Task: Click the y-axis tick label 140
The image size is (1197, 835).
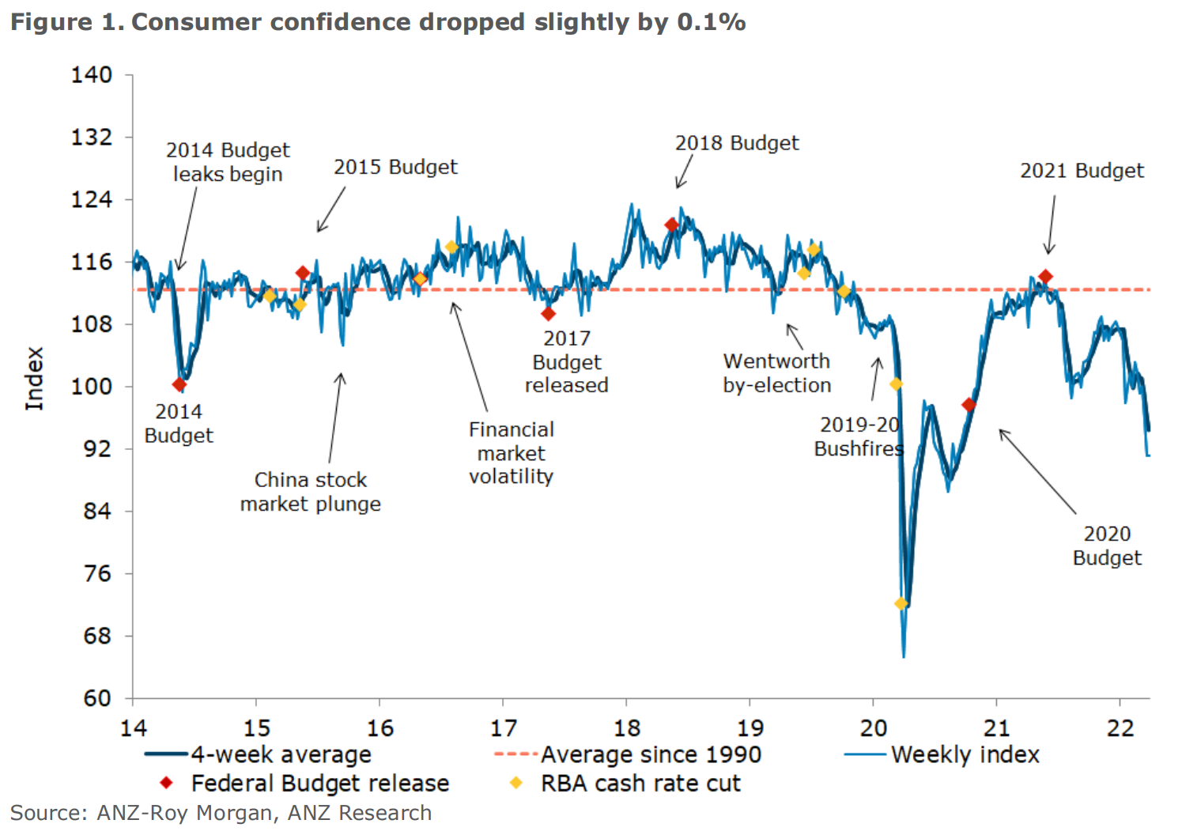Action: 92,75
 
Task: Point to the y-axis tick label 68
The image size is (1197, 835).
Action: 97,636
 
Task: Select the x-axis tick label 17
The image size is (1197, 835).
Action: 503,727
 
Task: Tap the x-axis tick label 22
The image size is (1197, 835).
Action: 1120,727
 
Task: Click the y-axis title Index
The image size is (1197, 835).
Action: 34,379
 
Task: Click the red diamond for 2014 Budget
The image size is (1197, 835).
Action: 179,384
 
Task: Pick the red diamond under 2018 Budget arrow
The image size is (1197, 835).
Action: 671,225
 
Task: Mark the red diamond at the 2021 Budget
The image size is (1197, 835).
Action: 1045,277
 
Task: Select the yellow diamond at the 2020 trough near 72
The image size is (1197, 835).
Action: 901,603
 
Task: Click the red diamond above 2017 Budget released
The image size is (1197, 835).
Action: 548,314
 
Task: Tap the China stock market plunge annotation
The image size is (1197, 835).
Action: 310,492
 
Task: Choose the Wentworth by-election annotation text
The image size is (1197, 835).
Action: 776,373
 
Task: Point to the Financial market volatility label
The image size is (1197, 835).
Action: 511,453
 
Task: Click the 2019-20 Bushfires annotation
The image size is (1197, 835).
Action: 859,436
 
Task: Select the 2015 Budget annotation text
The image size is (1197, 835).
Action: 395,167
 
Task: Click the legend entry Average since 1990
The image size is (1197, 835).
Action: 650,754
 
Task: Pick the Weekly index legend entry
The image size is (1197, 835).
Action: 965,754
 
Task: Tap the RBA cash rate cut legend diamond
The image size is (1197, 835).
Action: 516,783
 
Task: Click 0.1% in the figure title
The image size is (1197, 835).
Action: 711,22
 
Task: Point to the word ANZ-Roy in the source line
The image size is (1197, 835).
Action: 142,813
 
